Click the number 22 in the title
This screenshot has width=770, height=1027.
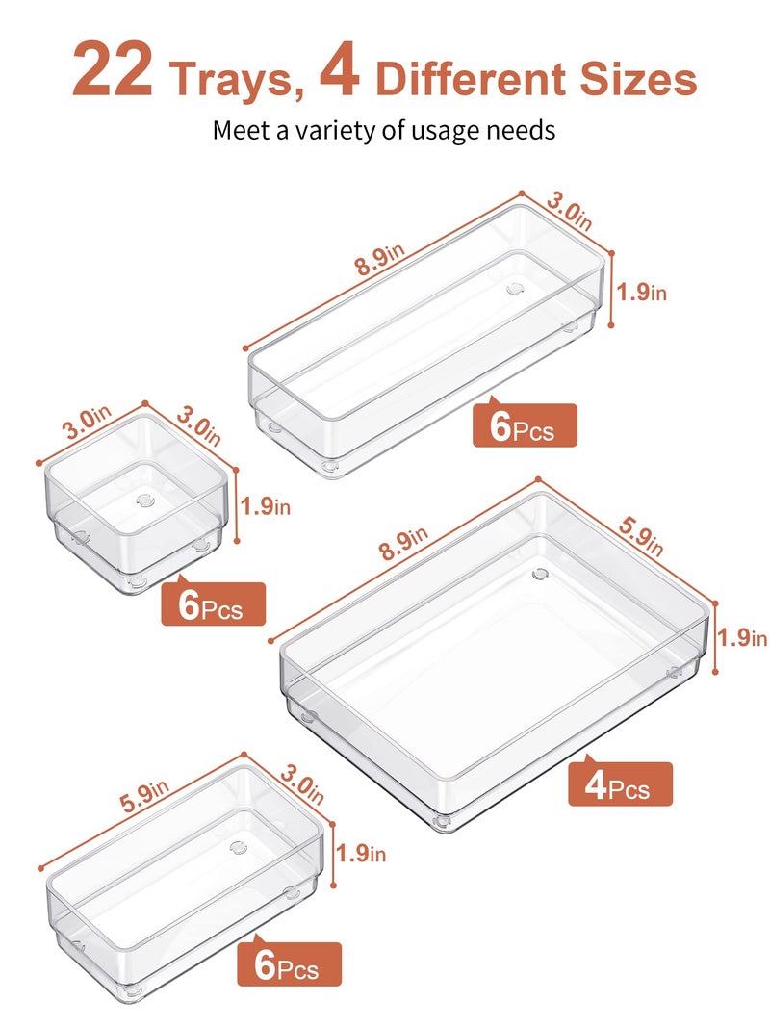(x=112, y=70)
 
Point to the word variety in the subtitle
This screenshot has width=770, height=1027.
(x=344, y=130)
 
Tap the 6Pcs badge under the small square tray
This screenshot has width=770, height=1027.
(x=213, y=604)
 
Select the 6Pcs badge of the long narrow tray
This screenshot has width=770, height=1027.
(x=525, y=425)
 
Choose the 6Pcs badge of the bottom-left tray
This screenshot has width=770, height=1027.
(x=290, y=964)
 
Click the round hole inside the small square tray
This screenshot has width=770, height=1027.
(x=145, y=500)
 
